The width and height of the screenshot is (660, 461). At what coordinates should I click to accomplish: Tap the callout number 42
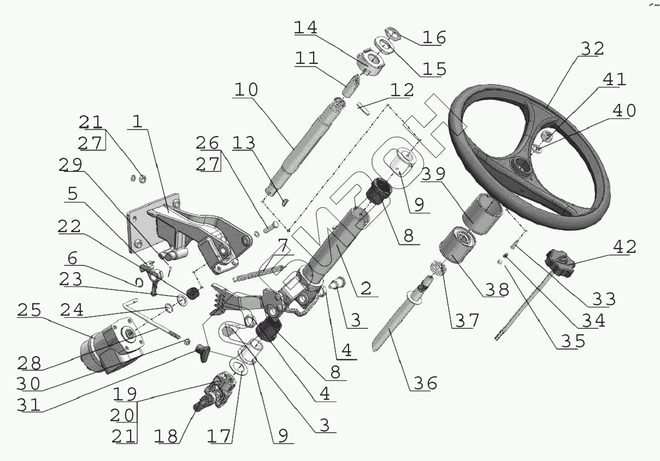point(623,247)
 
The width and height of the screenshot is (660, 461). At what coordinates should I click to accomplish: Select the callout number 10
point(247,90)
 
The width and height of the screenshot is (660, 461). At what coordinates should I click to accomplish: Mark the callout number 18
point(166,436)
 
